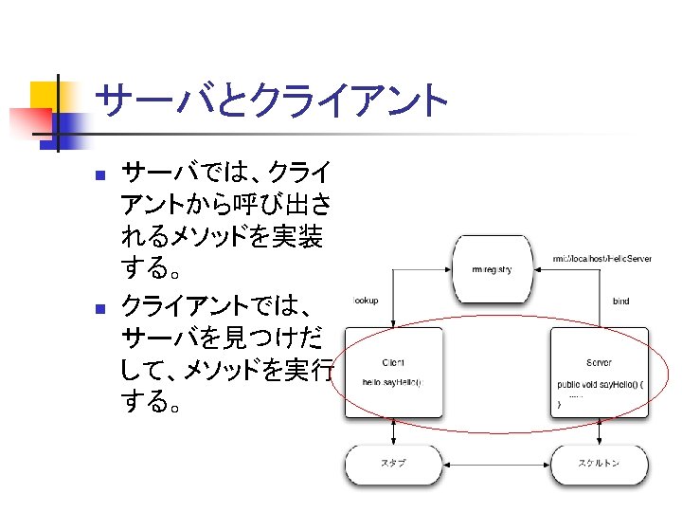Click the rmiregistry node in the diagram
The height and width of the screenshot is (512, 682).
(490, 268)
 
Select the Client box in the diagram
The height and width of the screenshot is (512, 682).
(393, 372)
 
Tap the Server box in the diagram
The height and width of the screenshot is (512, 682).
(599, 372)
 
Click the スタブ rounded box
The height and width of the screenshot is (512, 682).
(393, 464)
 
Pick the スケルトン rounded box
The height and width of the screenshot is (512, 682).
(599, 464)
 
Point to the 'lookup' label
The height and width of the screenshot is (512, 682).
(366, 301)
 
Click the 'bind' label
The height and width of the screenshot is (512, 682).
(620, 302)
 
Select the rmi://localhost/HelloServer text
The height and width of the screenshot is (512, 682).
(601, 258)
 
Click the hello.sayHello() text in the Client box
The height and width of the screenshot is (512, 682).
(391, 382)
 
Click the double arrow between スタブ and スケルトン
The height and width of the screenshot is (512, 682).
(496, 464)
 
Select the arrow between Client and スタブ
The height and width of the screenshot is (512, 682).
(393, 431)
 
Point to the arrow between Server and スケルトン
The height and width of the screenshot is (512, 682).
(599, 431)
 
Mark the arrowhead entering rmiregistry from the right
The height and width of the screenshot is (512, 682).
(536, 268)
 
